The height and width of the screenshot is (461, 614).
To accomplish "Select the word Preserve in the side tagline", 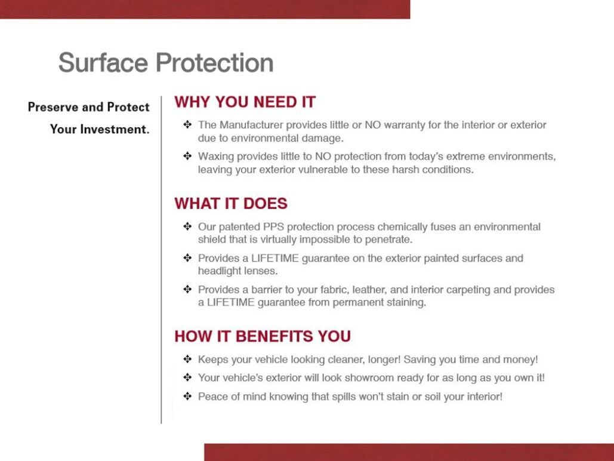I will (54, 107).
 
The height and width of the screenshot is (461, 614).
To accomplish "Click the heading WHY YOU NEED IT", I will (245, 102).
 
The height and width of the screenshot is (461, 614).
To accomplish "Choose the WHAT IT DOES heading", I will (231, 204).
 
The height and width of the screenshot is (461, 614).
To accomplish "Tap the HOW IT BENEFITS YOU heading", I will (263, 336).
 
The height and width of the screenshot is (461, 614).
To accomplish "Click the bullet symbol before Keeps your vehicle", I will (187, 359).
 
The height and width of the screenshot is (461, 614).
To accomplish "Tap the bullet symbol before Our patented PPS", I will (187, 227).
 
